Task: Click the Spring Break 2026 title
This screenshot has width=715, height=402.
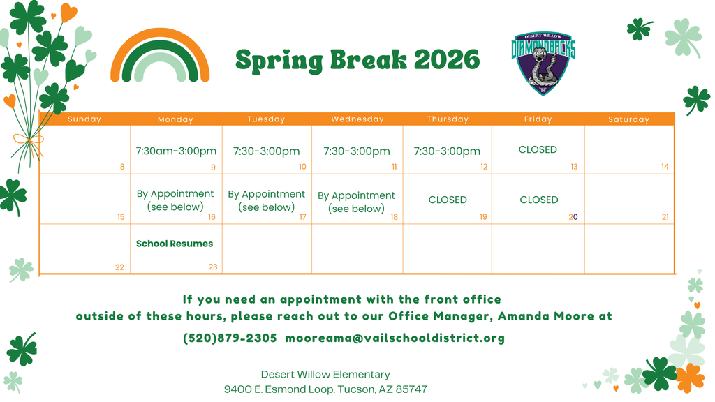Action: pyautogui.click(x=357, y=60)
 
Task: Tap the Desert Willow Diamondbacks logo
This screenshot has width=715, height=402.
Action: pyautogui.click(x=543, y=64)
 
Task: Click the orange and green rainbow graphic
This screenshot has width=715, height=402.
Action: pyautogui.click(x=160, y=57)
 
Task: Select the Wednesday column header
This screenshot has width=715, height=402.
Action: pyautogui.click(x=357, y=119)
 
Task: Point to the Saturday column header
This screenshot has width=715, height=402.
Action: pyautogui.click(x=628, y=119)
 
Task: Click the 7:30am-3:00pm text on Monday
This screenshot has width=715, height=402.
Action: pyautogui.click(x=176, y=151)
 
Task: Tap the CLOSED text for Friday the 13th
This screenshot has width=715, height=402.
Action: pyautogui.click(x=538, y=149)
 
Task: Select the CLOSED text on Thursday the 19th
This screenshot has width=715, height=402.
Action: pyautogui.click(x=448, y=200)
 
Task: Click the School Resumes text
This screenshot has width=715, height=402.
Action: pyautogui.click(x=175, y=244)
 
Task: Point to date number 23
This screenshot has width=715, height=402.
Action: pyautogui.click(x=212, y=267)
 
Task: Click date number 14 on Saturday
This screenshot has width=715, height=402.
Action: pyautogui.click(x=665, y=167)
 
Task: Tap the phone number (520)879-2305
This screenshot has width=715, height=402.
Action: pyautogui.click(x=230, y=338)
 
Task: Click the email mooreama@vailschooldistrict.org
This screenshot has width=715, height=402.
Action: pyautogui.click(x=395, y=338)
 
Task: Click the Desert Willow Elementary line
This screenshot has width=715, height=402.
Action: pyautogui.click(x=325, y=375)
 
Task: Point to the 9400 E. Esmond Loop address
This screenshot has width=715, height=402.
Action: pyautogui.click(x=325, y=389)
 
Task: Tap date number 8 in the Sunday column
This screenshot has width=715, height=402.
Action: pyautogui.click(x=122, y=167)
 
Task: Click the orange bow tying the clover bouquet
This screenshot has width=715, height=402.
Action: pyautogui.click(x=27, y=145)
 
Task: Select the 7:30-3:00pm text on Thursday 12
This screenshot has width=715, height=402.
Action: pyautogui.click(x=447, y=151)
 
